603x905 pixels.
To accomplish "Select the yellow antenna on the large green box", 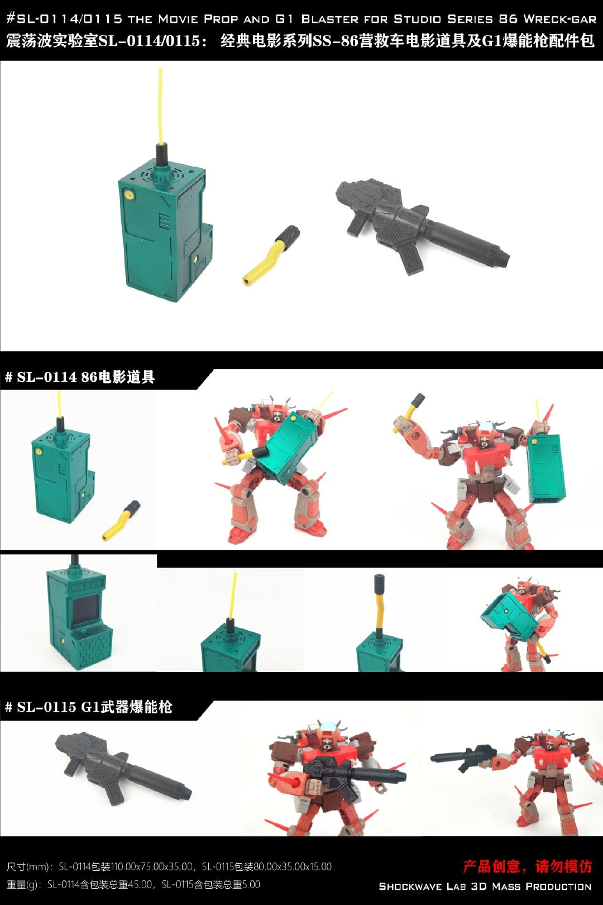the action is [x=161, y=105].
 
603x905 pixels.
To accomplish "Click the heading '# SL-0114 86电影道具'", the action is [x=80, y=377].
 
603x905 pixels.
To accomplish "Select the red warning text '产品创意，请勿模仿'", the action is [x=527, y=866].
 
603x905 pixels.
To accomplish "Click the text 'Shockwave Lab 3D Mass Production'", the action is [x=485, y=887].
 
